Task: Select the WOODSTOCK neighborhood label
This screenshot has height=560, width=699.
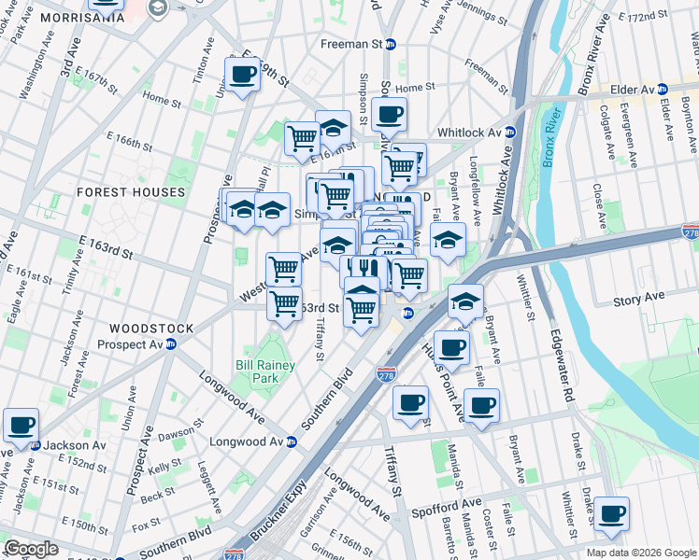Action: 151,329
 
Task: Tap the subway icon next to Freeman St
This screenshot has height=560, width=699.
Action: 392,44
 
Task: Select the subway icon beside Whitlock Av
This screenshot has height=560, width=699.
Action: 510,132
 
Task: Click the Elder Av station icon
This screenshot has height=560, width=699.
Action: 663,90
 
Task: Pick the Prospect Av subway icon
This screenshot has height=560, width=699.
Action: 171,343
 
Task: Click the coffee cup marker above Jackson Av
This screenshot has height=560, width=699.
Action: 21,425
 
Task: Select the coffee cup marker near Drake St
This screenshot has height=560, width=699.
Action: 612,513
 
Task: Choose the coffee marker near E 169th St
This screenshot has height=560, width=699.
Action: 243,74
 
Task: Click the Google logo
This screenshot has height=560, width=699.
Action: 31,549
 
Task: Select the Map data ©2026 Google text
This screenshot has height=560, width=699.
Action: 641,553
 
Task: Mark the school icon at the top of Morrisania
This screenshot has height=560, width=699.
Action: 157,7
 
